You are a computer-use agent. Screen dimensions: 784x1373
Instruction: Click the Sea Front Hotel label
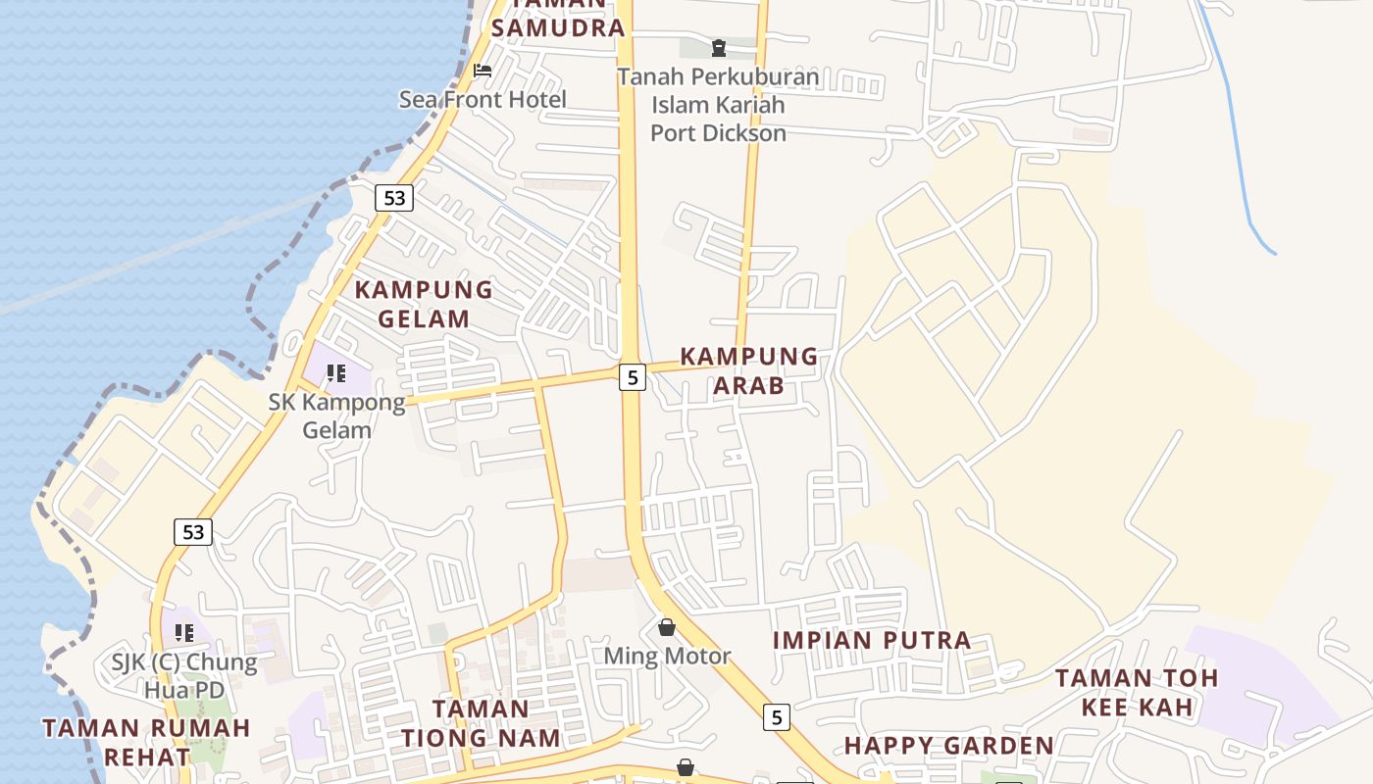482,99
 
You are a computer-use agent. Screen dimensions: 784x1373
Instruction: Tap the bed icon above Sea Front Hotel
483,71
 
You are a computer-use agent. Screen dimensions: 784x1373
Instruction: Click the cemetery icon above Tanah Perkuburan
719,47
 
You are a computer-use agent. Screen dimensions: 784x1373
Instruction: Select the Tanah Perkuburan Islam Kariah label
718,105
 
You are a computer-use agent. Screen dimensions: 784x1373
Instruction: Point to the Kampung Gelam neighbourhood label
424,304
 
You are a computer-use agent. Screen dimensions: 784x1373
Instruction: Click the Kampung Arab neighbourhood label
749,370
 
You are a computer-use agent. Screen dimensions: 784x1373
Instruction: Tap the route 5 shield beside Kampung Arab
633,377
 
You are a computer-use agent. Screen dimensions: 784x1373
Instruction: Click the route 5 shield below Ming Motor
777,717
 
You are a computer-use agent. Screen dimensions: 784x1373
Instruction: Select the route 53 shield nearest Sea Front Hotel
394,198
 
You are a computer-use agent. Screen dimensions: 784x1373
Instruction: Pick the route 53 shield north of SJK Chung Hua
193,532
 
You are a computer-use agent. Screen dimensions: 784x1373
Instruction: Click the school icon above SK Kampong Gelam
336,373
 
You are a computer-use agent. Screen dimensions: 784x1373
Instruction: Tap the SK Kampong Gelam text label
336,416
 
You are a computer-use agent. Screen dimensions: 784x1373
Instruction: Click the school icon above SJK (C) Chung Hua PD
184,633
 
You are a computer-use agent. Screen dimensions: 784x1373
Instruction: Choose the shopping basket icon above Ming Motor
667,627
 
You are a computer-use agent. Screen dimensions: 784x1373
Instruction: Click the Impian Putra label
872,641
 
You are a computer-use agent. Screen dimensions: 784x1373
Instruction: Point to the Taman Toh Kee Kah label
1137,692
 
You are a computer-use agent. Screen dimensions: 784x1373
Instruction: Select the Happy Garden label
948,746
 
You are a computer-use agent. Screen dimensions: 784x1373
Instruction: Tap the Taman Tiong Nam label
481,723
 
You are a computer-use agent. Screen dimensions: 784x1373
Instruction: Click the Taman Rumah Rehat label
147,742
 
